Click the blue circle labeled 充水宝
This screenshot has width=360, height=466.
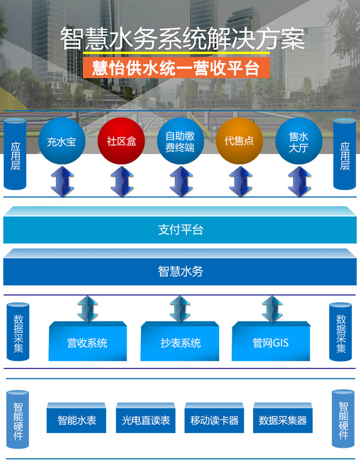click(61, 141)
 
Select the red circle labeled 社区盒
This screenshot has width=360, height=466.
click(121, 141)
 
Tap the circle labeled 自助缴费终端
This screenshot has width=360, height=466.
click(180, 141)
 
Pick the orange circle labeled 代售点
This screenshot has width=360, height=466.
click(239, 141)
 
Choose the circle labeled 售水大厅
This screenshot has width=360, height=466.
click(299, 141)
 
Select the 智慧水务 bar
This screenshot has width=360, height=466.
click(180, 271)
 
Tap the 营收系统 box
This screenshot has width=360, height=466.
click(87, 343)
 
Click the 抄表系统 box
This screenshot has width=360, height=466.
click(180, 343)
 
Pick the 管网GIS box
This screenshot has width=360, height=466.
click(271, 343)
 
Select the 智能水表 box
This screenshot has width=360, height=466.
click(77, 420)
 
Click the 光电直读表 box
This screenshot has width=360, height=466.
click(146, 420)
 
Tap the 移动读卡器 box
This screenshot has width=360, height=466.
click(214, 420)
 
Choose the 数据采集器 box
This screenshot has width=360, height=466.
click(283, 420)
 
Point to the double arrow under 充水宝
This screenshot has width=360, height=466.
click(62, 181)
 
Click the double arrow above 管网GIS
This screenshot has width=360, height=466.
click(270, 308)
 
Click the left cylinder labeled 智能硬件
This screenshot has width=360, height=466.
click(18, 419)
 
